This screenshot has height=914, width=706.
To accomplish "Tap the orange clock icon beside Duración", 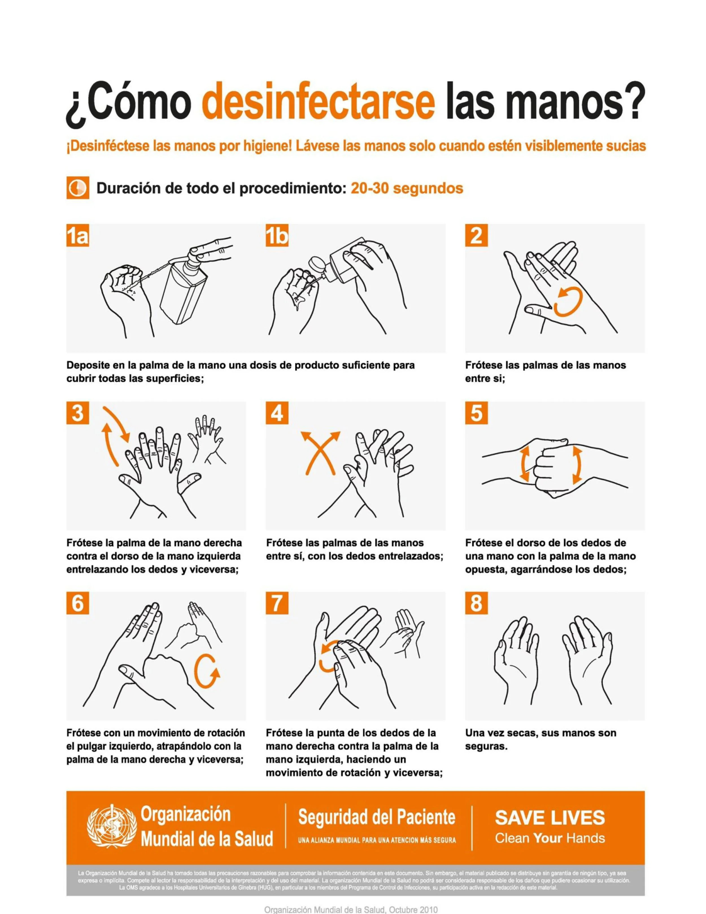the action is [x=77, y=188].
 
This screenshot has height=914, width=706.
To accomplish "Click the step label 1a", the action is [x=78, y=236].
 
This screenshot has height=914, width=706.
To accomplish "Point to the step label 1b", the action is [x=277, y=236].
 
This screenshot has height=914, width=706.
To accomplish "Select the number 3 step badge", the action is [x=78, y=413].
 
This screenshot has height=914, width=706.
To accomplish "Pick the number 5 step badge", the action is [x=476, y=413].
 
